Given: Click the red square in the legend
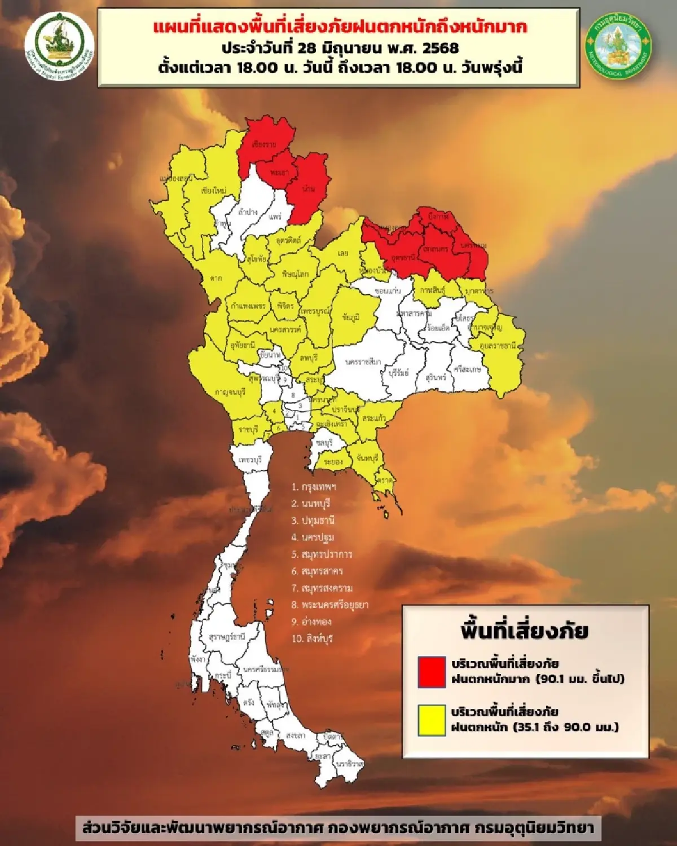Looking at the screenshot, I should [x=432, y=672].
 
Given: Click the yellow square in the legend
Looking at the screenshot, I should [x=432, y=720].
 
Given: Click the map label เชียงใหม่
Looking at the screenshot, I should [x=213, y=191].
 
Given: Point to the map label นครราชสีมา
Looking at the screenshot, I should [x=363, y=362].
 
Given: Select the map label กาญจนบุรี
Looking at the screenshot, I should [x=230, y=392].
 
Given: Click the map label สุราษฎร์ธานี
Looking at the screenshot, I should [x=227, y=637].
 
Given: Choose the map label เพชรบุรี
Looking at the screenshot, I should [x=250, y=460].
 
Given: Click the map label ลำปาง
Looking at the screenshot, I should [x=248, y=212].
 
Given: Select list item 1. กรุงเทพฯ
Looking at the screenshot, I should [x=314, y=486].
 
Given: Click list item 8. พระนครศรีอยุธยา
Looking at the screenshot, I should [x=329, y=605].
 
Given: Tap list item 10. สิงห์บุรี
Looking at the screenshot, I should [x=313, y=638].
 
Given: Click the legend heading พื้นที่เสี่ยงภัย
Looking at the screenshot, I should [x=524, y=631].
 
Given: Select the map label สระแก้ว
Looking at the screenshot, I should [x=374, y=419].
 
